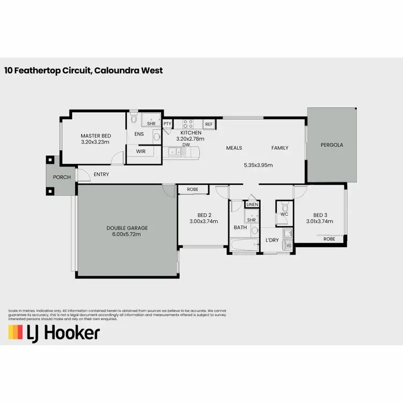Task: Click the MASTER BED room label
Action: (x=95, y=136)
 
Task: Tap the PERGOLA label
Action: (x=332, y=145)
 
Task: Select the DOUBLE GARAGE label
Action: (x=127, y=228)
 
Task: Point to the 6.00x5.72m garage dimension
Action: (x=127, y=235)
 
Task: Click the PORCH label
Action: (x=62, y=177)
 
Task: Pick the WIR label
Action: (x=141, y=152)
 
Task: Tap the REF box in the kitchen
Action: (x=209, y=124)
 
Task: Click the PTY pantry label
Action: (x=167, y=124)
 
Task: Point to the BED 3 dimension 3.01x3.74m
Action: (x=320, y=221)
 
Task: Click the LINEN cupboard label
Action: (x=251, y=205)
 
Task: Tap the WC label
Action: (x=284, y=214)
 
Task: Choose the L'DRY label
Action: (x=272, y=240)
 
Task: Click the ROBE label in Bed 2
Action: (x=193, y=190)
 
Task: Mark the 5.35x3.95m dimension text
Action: (x=258, y=165)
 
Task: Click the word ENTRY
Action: (x=101, y=174)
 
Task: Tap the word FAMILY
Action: (x=279, y=148)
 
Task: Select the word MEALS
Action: (x=234, y=148)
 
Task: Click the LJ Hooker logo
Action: (x=54, y=333)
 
